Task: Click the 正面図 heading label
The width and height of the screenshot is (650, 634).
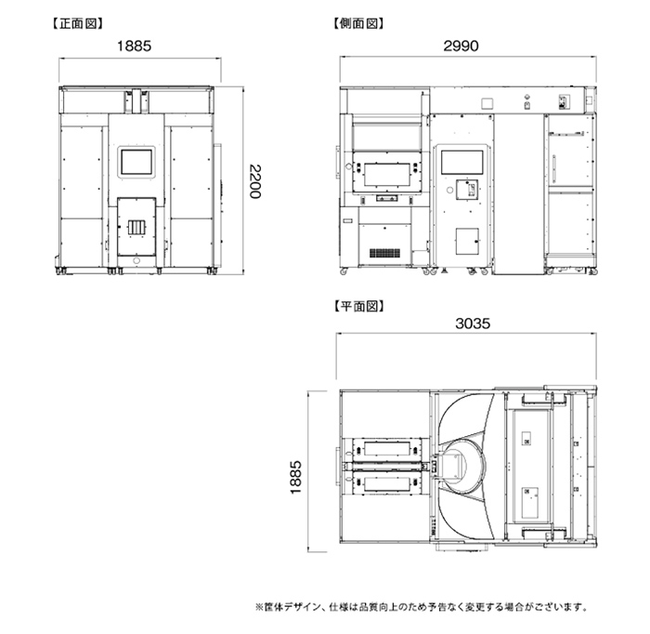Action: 77,23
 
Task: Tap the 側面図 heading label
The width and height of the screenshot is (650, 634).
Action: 358,23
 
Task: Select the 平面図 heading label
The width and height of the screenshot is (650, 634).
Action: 358,306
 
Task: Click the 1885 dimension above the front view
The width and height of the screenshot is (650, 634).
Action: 134,46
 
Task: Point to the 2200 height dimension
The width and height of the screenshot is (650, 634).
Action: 255,181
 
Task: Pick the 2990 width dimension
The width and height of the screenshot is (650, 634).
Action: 461,46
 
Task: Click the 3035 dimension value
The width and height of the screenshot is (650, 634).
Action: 473,324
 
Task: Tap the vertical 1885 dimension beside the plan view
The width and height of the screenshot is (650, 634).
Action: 295,477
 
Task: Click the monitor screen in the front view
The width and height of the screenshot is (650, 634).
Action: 136,163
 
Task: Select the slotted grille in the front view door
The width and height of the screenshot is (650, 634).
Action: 136,228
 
